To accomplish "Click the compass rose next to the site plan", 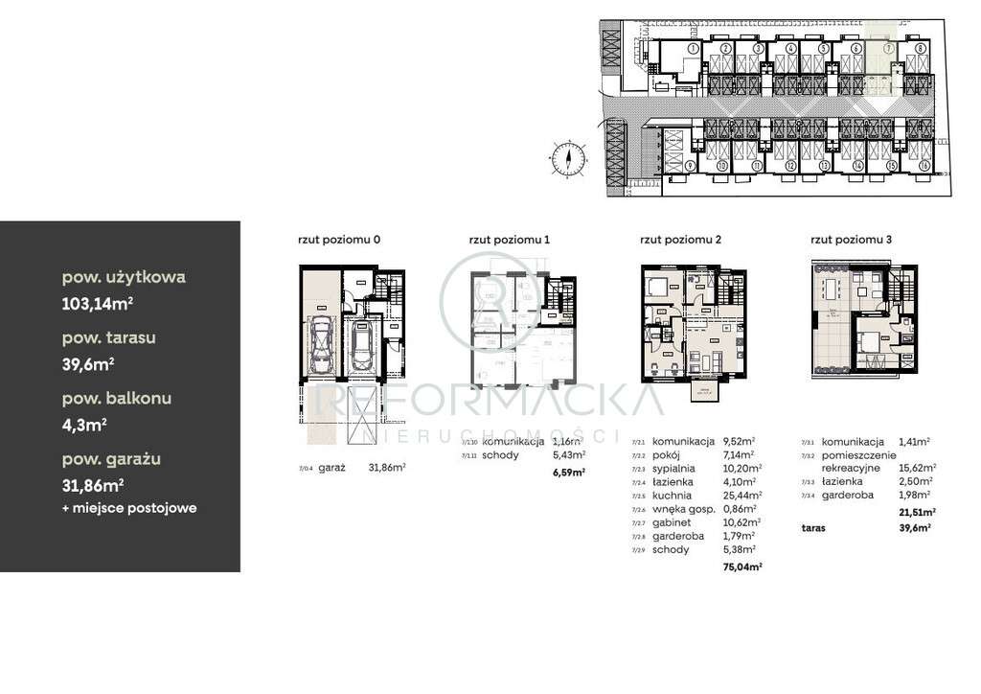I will click(569, 157).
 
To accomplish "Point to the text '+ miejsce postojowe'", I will click(129, 508).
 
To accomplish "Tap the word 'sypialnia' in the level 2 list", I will click(673, 468).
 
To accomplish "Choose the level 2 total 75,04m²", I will click(742, 567).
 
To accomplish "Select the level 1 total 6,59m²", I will click(568, 472).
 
